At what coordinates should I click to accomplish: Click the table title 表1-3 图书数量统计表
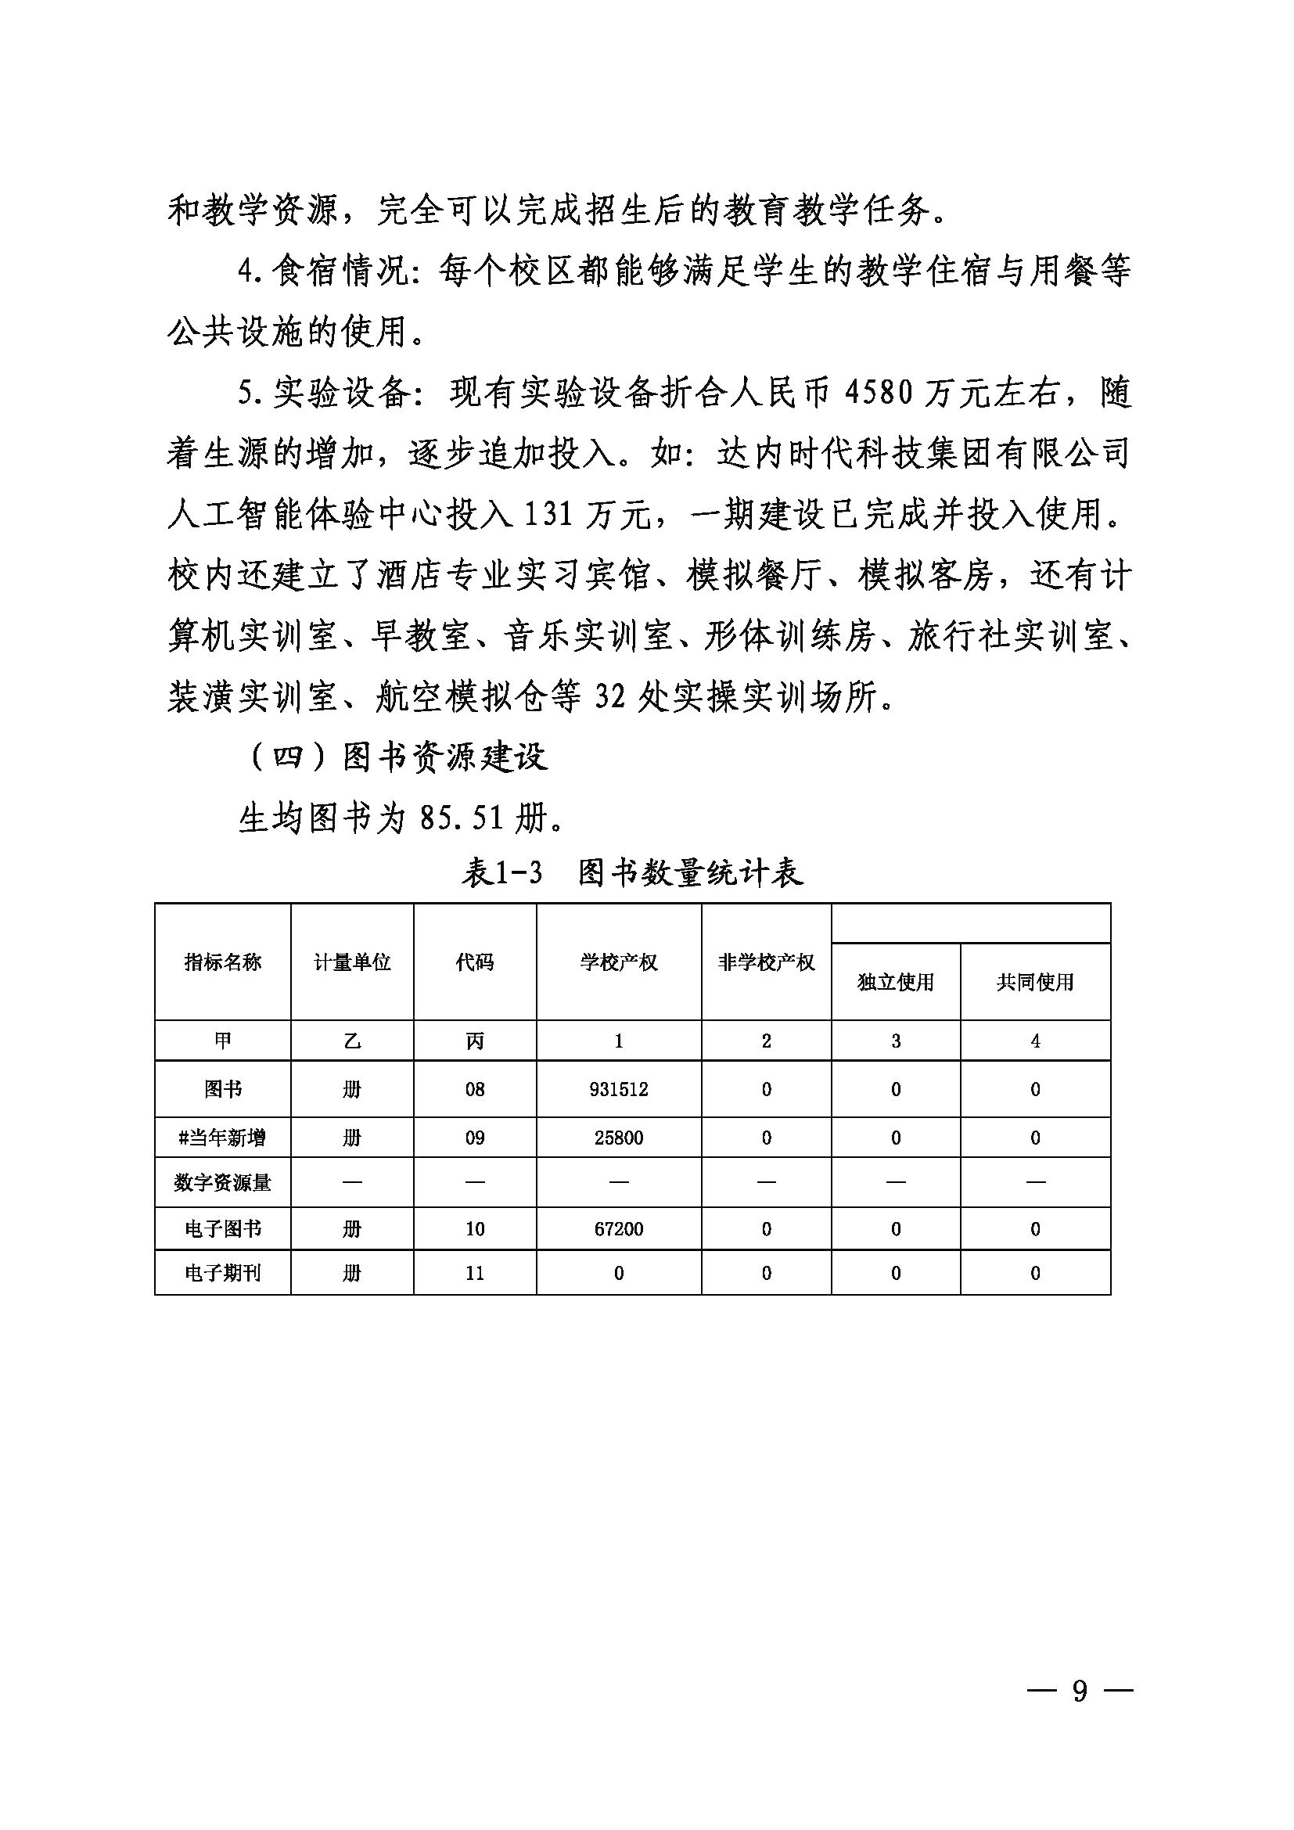point(632,874)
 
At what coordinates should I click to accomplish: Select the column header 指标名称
point(222,962)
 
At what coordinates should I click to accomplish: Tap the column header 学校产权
point(618,962)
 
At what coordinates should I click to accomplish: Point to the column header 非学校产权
point(766,962)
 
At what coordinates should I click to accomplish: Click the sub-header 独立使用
point(896,982)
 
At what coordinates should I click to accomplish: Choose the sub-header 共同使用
point(1035,982)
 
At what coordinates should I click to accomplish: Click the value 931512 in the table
point(618,1089)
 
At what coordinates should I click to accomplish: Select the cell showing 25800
point(618,1138)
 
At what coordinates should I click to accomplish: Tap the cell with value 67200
point(618,1228)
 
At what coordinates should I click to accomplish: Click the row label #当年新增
point(222,1138)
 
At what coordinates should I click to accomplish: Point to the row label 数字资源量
point(222,1182)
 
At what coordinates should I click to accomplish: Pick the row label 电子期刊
point(222,1273)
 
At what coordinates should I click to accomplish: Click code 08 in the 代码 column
point(475,1089)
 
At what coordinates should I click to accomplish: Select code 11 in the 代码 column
point(475,1273)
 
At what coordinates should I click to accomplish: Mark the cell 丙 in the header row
point(475,1041)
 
